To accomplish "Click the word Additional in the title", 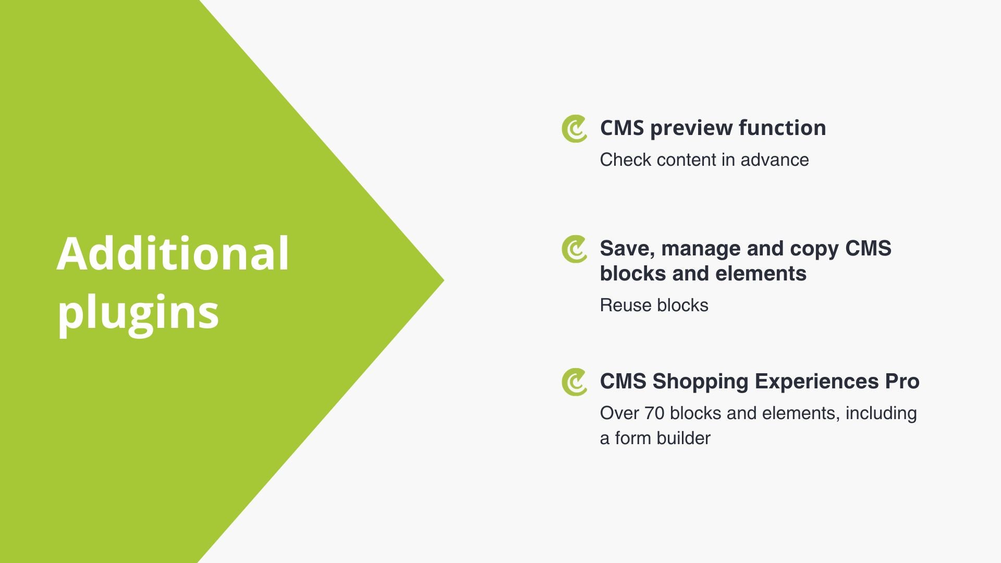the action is (173, 253).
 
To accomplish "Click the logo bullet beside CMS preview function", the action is (574, 128).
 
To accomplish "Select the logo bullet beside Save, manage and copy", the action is (574, 249).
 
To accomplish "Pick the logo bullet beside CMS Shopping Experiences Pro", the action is (574, 382).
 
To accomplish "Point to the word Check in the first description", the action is (626, 160).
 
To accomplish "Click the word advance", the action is (775, 160).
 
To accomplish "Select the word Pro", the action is (902, 382).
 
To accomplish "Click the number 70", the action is (654, 413).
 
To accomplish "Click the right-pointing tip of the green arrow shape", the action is (444, 280).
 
